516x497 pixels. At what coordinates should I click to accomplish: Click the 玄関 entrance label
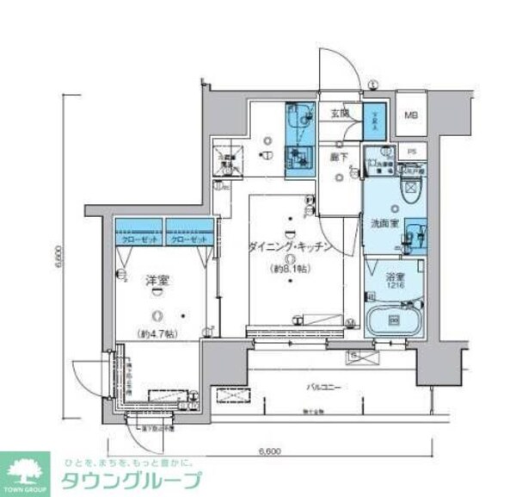(x=339, y=113)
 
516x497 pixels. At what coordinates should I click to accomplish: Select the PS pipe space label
(x=412, y=152)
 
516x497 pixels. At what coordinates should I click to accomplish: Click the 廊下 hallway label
(x=339, y=157)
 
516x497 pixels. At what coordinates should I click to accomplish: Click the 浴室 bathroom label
(x=396, y=278)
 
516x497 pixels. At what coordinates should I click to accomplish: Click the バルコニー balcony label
(x=322, y=388)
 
